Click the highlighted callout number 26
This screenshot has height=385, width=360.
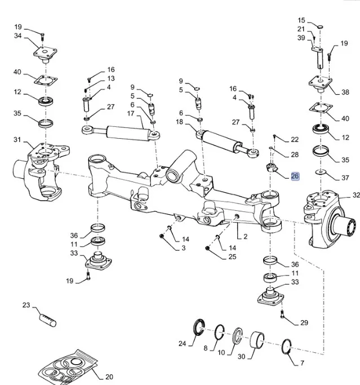point(295,176)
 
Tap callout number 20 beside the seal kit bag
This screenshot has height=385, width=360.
point(109,377)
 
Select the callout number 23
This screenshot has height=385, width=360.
point(26,306)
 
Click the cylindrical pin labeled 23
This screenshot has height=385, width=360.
point(47,319)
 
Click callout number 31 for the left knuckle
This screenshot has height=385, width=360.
point(17,140)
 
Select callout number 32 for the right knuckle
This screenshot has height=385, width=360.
point(356,195)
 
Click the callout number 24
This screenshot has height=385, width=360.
point(182,343)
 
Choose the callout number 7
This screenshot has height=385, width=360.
point(302,364)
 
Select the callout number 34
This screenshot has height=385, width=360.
point(18,37)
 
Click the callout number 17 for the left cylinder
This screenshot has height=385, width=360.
point(131,113)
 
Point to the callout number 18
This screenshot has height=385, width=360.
point(180,122)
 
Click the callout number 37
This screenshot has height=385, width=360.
point(345,178)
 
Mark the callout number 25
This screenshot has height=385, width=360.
point(233,257)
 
